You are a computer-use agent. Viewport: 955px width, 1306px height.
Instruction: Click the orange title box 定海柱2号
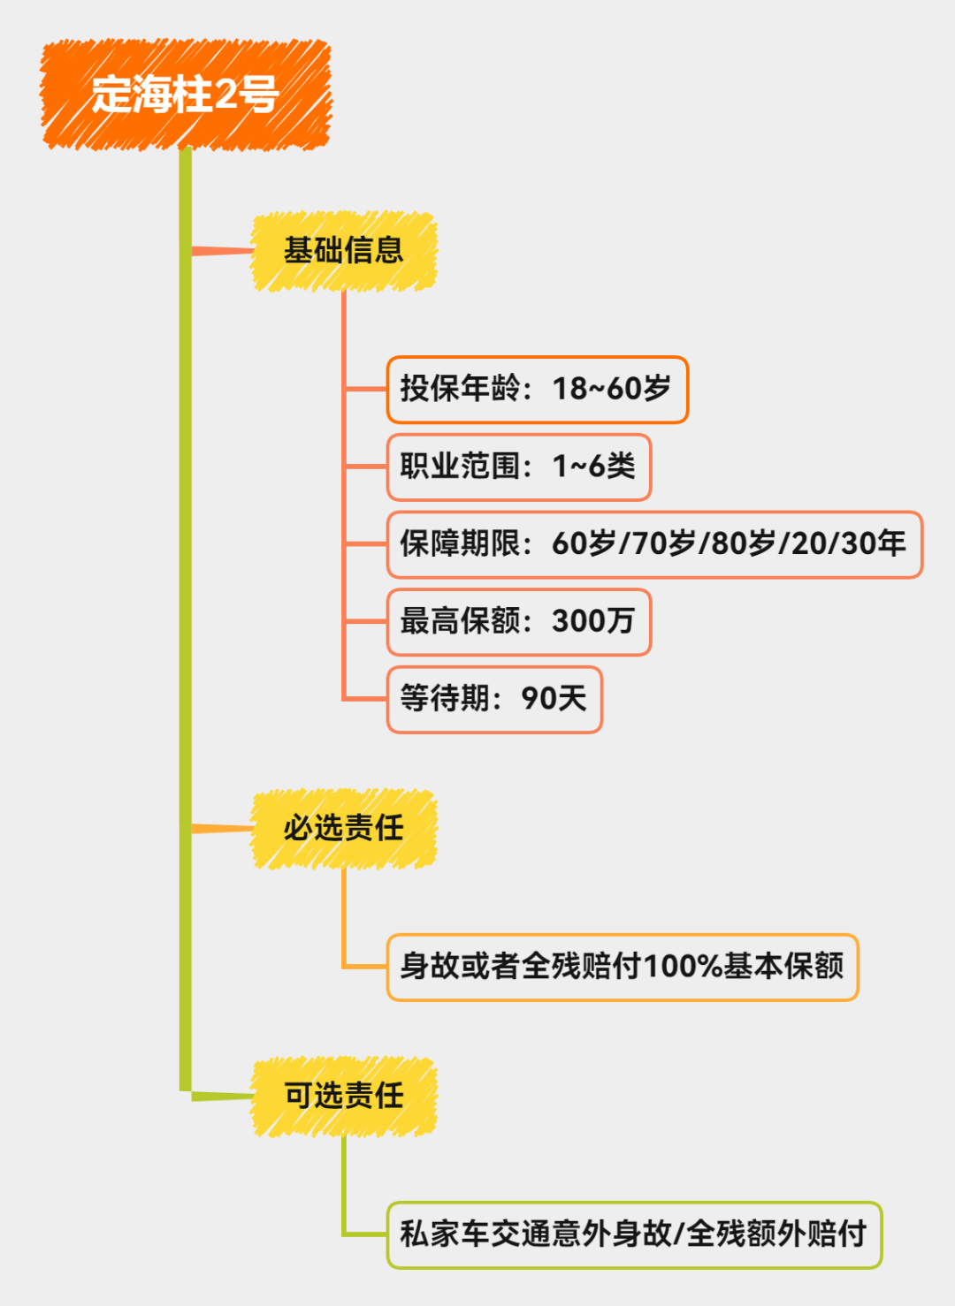tap(186, 95)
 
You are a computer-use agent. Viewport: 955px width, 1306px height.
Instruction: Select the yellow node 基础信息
tap(344, 251)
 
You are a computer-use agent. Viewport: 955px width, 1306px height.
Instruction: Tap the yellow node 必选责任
tap(344, 829)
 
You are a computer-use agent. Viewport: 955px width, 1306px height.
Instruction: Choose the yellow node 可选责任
tap(344, 1097)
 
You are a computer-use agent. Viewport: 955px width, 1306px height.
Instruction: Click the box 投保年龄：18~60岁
tap(537, 390)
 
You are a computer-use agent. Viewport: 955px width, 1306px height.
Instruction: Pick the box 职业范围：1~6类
tap(518, 467)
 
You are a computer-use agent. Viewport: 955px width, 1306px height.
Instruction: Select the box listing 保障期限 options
tap(653, 544)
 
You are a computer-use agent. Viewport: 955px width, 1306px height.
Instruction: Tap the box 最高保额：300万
tap(518, 622)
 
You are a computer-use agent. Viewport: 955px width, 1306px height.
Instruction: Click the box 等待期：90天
tap(494, 700)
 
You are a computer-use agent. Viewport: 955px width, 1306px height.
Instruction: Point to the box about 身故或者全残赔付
tap(622, 967)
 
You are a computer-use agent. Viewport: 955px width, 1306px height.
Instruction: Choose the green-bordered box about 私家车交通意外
tap(634, 1234)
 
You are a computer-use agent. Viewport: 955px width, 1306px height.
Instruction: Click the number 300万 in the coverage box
tap(593, 622)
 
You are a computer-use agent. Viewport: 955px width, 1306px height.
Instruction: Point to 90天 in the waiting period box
tap(554, 700)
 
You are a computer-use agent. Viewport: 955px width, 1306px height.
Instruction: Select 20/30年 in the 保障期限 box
tap(849, 544)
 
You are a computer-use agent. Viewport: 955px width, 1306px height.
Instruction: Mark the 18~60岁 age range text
tap(612, 390)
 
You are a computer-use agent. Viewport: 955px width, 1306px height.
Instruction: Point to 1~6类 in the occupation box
tap(594, 467)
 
